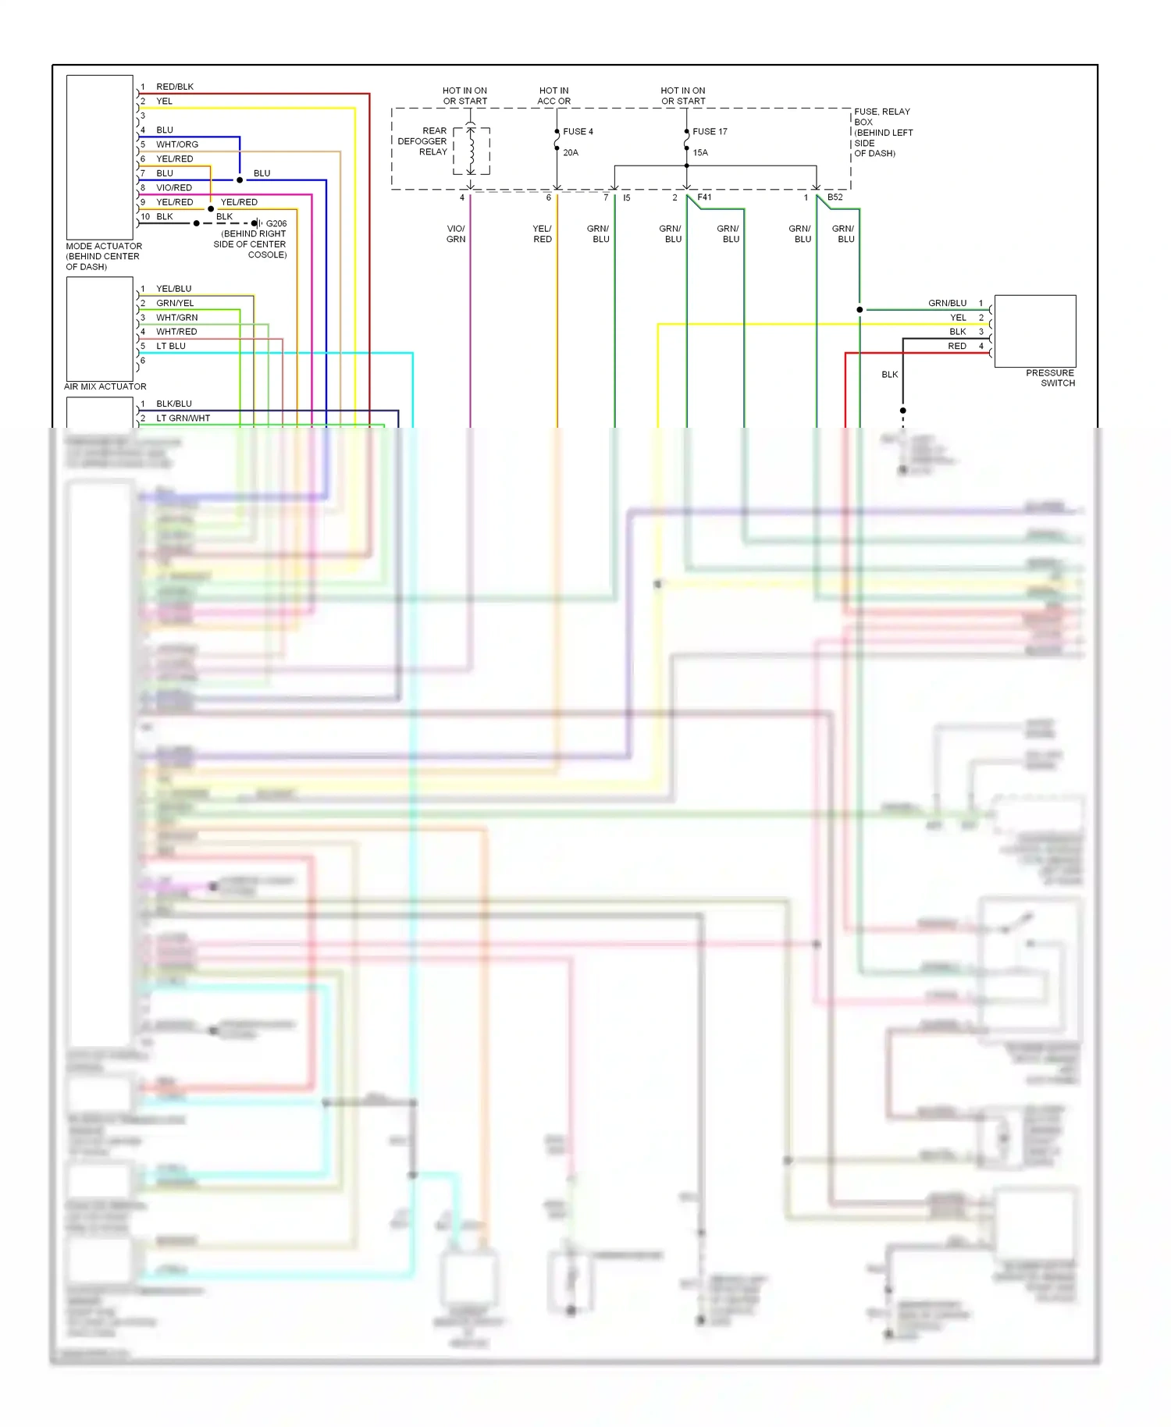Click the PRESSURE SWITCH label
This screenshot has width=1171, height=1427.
click(x=1050, y=378)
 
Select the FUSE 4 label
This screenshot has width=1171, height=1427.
click(x=578, y=132)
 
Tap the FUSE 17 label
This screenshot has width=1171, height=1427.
click(x=710, y=132)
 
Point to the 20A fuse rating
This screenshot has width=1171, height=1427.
click(x=571, y=153)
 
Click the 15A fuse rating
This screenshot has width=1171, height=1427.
click(x=700, y=153)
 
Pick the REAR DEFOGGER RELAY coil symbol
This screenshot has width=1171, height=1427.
click(x=471, y=151)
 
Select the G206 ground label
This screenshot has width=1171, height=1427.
click(x=276, y=223)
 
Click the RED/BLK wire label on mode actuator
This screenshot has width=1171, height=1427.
click(x=175, y=87)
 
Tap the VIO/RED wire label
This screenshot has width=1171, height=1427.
click(x=174, y=187)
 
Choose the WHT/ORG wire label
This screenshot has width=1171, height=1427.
click(x=177, y=144)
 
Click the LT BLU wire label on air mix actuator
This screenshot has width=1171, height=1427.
click(x=171, y=346)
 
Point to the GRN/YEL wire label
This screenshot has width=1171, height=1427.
click(x=175, y=303)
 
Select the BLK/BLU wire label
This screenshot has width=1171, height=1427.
click(x=174, y=404)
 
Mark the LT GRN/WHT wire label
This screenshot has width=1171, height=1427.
click(x=183, y=418)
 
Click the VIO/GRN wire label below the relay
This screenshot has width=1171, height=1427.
click(x=456, y=234)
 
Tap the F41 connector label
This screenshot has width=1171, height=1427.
click(x=704, y=198)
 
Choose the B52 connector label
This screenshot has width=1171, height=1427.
click(x=835, y=198)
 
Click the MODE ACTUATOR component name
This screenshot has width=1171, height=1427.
click(x=104, y=246)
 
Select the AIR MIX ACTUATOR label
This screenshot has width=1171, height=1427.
click(x=105, y=386)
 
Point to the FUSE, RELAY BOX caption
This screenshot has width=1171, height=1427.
click(x=882, y=117)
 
